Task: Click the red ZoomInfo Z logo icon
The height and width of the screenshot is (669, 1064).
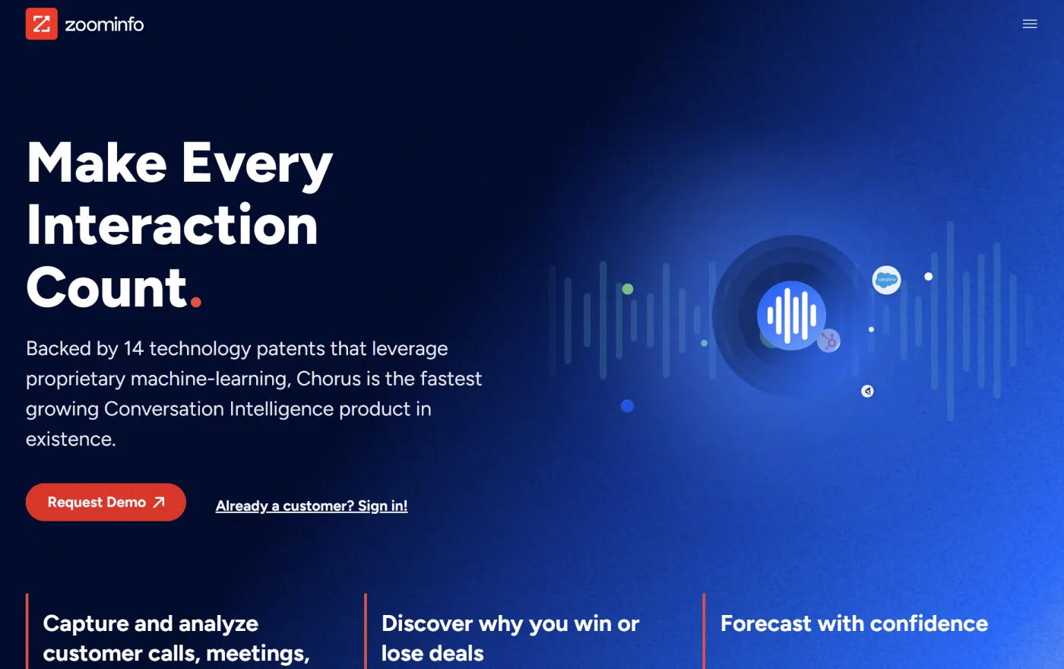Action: [41, 24]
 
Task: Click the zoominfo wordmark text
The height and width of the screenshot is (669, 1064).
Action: [104, 25]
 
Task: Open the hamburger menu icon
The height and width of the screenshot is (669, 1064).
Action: [1030, 24]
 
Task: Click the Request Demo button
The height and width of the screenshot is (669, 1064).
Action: [106, 503]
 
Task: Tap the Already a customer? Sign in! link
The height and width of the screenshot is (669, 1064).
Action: [312, 506]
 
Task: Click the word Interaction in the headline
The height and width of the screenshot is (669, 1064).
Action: [173, 226]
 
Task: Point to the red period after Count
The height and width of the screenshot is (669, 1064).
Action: [196, 302]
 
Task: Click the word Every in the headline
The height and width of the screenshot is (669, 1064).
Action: [257, 164]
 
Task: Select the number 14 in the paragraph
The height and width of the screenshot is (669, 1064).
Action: [134, 349]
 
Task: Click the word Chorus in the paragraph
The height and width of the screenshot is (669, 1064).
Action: [325, 379]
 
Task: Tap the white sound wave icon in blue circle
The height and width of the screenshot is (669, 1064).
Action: [791, 315]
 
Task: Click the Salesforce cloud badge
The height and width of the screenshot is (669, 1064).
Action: [886, 280]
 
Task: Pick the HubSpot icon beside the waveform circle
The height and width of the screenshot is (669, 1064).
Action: [829, 341]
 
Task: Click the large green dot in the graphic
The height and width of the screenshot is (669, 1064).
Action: [628, 289]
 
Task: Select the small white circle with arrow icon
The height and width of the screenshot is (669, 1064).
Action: [867, 392]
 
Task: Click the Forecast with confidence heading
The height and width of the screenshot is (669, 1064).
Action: [853, 624]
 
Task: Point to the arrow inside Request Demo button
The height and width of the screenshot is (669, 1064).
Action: [159, 503]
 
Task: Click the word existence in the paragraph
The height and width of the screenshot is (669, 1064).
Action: [69, 439]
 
